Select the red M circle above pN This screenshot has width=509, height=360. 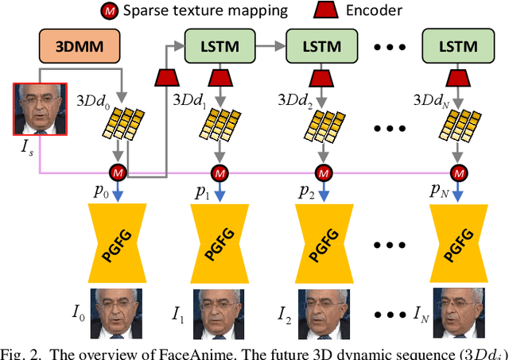459,172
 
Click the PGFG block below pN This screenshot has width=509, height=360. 459,241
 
